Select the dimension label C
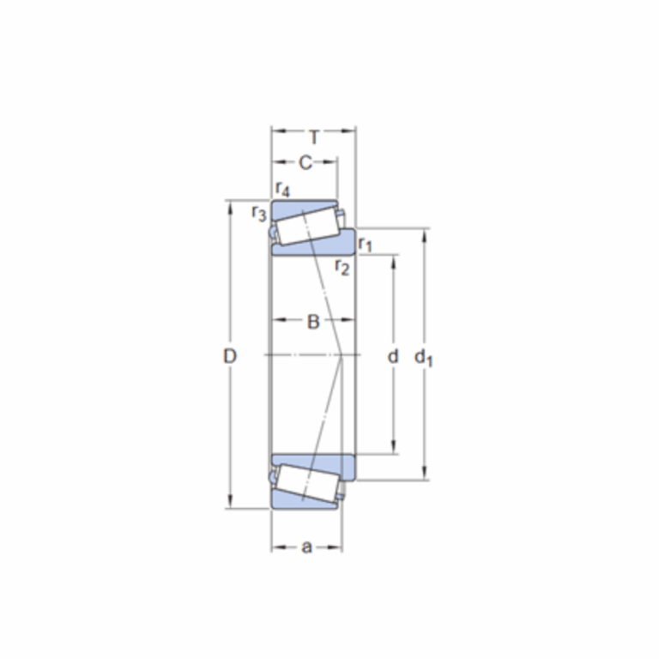[305, 163]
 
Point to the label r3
[258, 213]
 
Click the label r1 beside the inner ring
[365, 245]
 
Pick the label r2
[342, 267]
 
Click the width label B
[313, 323]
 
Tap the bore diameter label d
[393, 356]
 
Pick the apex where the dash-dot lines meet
[343, 354]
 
